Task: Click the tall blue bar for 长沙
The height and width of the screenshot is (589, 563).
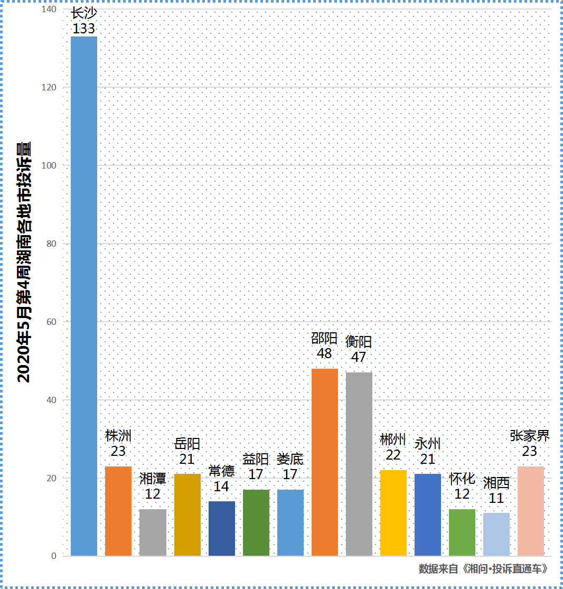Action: point(84,296)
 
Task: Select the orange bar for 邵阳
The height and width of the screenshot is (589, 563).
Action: point(325,462)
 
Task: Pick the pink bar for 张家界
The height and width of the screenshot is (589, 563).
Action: point(531,511)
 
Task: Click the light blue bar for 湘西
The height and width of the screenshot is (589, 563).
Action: point(496,534)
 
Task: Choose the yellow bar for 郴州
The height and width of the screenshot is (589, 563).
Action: point(393,512)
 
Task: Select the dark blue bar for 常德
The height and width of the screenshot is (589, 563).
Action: point(222,528)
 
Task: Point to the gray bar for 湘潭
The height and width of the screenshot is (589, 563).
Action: point(153,532)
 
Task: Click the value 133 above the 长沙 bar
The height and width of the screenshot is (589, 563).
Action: point(84,29)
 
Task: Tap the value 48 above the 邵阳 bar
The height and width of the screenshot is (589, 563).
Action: point(324,353)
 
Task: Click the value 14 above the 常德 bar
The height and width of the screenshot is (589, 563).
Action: point(221,487)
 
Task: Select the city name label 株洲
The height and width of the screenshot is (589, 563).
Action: point(118,436)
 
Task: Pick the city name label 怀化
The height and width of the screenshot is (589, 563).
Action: point(462,479)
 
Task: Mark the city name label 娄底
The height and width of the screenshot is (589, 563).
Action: point(290,459)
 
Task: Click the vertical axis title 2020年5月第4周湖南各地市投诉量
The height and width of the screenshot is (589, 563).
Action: point(24,261)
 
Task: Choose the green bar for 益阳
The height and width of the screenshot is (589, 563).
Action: point(256,522)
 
